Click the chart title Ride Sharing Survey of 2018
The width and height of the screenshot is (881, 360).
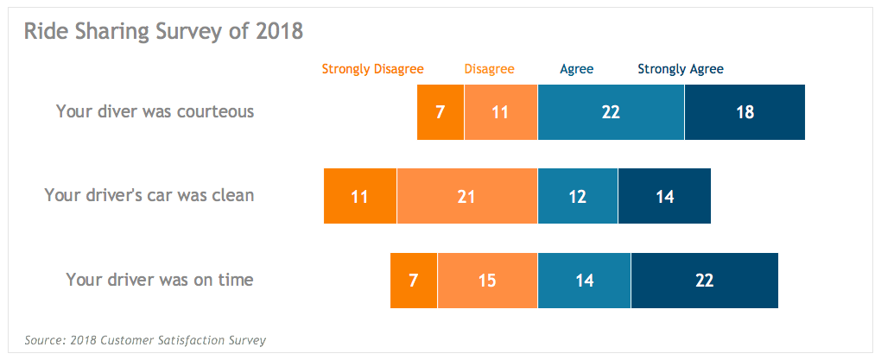click(x=163, y=32)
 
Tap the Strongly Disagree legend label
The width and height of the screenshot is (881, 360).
click(x=372, y=69)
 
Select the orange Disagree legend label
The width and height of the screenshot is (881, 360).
click(x=489, y=69)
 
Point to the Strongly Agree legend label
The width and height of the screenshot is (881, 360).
click(x=681, y=69)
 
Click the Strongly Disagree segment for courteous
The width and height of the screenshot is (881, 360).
click(x=440, y=112)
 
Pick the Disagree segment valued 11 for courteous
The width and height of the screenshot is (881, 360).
click(x=501, y=112)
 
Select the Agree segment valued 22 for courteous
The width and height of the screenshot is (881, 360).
click(x=611, y=112)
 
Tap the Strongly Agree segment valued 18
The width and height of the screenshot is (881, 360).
click(x=745, y=112)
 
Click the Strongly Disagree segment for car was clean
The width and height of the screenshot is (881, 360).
click(x=360, y=196)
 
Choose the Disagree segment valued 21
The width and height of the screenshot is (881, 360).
click(x=466, y=196)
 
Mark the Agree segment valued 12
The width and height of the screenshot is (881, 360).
click(x=578, y=196)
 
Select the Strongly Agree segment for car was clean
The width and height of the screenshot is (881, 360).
click(x=664, y=196)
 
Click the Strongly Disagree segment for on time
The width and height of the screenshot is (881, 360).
click(x=414, y=281)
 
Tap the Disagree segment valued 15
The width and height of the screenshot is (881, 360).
click(x=487, y=281)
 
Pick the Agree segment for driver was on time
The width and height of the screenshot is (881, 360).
click(x=584, y=281)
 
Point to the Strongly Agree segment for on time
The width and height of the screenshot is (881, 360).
click(x=704, y=281)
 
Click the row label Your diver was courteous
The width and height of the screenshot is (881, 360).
click(x=155, y=111)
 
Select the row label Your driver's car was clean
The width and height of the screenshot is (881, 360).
click(x=149, y=195)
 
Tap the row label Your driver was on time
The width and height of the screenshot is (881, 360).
click(x=160, y=280)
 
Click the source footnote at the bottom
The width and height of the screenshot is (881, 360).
click(x=145, y=340)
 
